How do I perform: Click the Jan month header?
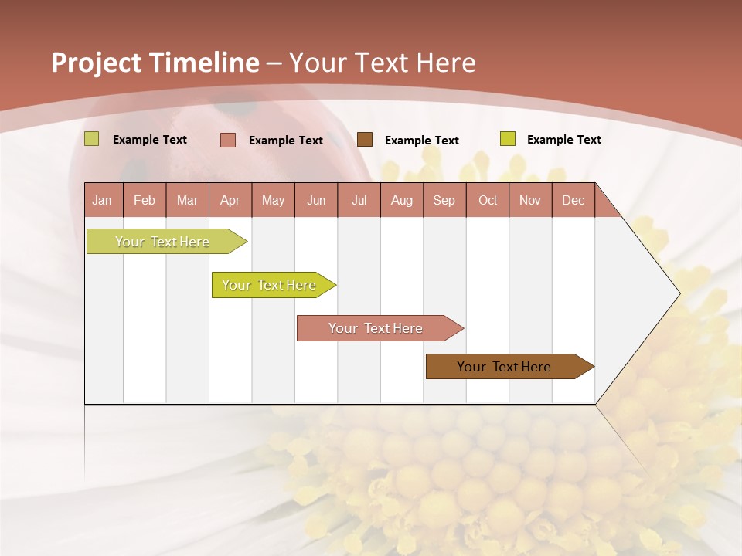[x=102, y=200]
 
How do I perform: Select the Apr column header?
[x=230, y=200]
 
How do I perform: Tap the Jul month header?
[x=359, y=200]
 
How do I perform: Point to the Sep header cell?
[x=444, y=200]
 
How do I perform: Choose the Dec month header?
[x=573, y=200]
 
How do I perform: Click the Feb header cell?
[x=145, y=200]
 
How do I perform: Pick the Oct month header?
[x=488, y=200]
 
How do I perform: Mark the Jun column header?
[x=315, y=200]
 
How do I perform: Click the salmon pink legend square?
[x=228, y=140]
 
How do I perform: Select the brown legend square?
[x=365, y=139]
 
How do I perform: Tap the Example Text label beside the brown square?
[x=421, y=141]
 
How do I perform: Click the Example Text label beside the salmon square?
[x=285, y=141]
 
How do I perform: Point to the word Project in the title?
[x=96, y=63]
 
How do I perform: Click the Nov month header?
[x=530, y=200]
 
